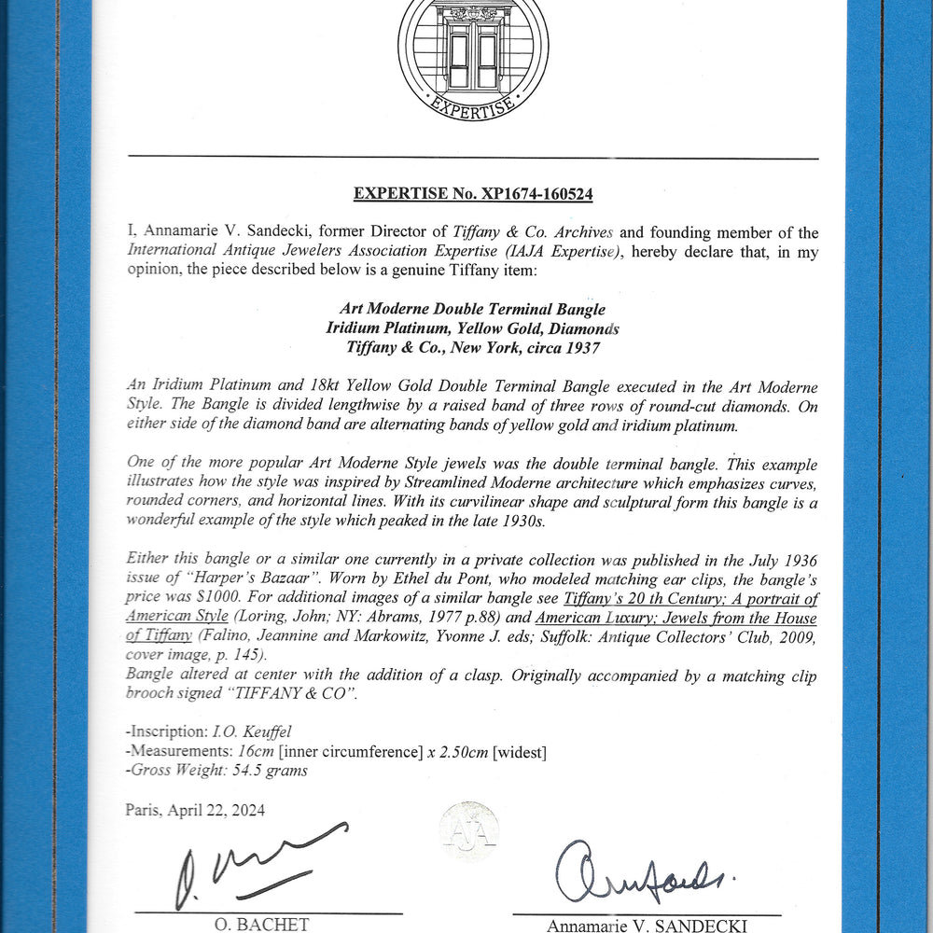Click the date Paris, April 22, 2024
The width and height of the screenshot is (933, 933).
[x=195, y=810]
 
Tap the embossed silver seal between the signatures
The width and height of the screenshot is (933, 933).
[x=469, y=830]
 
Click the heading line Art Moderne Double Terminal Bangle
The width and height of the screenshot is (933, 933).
[x=472, y=309]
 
